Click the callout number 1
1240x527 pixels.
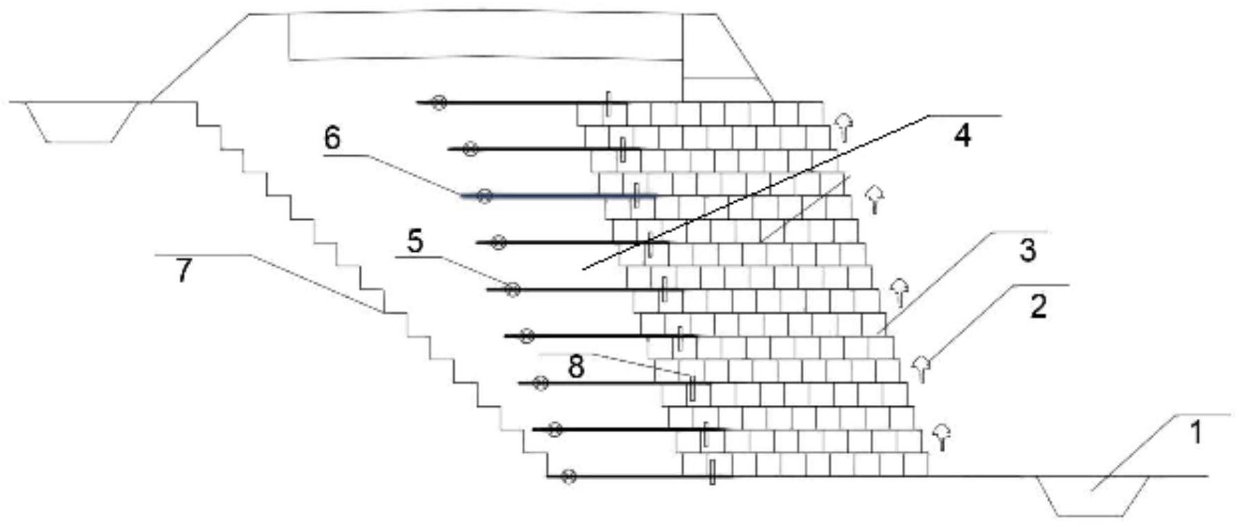[1195, 433]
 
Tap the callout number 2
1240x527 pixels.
[1038, 306]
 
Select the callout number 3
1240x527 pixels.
[1028, 250]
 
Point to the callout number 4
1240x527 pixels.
[962, 135]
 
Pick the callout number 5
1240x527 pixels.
[415, 241]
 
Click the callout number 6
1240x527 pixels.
[332, 138]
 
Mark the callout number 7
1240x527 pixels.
[182, 270]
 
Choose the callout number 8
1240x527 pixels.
[576, 367]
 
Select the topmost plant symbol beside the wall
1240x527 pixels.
[843, 126]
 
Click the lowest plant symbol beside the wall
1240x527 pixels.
[941, 436]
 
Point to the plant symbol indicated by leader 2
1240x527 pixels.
[921, 368]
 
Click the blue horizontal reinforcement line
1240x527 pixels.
[559, 196]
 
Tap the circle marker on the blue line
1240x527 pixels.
[484, 196]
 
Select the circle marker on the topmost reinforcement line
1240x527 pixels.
[439, 103]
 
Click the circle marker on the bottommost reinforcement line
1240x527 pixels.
[568, 476]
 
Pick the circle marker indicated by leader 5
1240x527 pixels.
[512, 290]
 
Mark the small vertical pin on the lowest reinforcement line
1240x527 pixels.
[712, 472]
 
